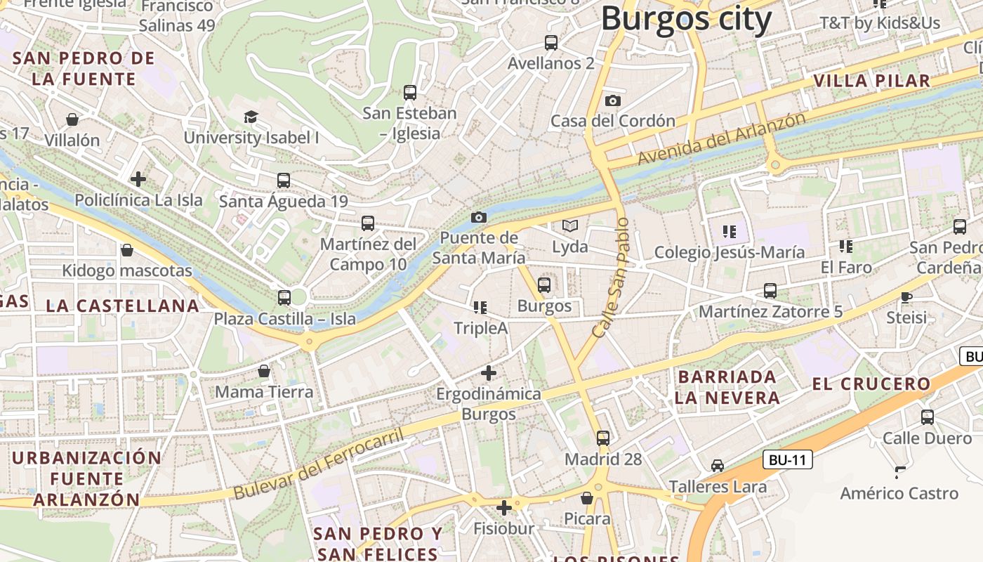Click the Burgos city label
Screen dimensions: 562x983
pyautogui.click(x=686, y=19)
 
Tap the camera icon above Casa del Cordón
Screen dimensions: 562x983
pyautogui.click(x=612, y=100)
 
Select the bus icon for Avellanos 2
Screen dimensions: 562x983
pyautogui.click(x=551, y=43)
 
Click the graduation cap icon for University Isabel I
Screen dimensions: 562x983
pyautogui.click(x=251, y=117)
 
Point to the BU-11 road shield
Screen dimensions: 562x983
pyautogui.click(x=787, y=460)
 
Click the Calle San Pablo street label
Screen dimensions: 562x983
pyautogui.click(x=611, y=277)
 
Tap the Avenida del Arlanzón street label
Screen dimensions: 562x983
pyautogui.click(x=721, y=139)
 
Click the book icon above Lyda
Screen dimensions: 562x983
pyautogui.click(x=570, y=226)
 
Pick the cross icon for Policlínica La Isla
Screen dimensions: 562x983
pyautogui.click(x=138, y=179)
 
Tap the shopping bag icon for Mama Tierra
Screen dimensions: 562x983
pyautogui.click(x=264, y=371)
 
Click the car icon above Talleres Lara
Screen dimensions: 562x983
pyautogui.click(x=717, y=466)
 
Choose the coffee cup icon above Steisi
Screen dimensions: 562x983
pyautogui.click(x=906, y=297)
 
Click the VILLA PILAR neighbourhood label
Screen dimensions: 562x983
pyautogui.click(x=872, y=81)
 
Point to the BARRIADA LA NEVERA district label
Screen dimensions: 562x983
pyautogui.click(x=727, y=387)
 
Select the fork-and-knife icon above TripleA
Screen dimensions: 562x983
pyautogui.click(x=480, y=308)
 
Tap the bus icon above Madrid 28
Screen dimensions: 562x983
pyautogui.click(x=603, y=438)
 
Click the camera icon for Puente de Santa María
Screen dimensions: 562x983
pyautogui.click(x=479, y=217)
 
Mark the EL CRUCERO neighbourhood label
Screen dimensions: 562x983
pyautogui.click(x=871, y=384)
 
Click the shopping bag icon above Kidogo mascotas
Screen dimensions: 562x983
pyautogui.click(x=127, y=250)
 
